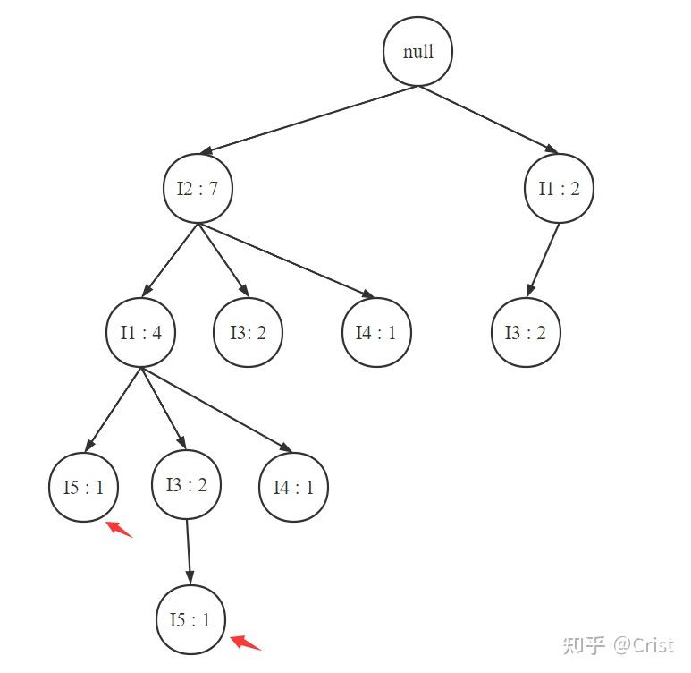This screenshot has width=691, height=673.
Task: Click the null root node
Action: (417, 51)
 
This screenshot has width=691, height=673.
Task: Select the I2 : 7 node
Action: (198, 189)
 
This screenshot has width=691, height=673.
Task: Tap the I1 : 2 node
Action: (560, 189)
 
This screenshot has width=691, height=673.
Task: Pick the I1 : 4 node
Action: (140, 332)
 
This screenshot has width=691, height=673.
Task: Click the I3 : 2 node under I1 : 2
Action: (526, 332)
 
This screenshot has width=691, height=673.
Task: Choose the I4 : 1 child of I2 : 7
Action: (377, 332)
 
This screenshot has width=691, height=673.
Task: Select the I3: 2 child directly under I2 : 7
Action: (249, 332)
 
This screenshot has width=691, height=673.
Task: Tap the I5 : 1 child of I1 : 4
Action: (83, 487)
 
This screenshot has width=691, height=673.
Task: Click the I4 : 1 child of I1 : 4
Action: (293, 487)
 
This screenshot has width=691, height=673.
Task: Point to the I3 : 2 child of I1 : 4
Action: (187, 484)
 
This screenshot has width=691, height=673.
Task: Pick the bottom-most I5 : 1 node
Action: (190, 619)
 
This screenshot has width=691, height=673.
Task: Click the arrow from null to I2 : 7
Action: (309, 120)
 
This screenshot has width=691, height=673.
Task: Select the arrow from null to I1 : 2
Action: (488, 120)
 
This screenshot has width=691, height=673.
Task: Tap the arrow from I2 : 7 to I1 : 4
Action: (170, 260)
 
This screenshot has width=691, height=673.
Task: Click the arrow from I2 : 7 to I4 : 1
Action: (286, 260)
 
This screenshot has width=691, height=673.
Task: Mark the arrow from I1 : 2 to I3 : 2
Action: (544, 260)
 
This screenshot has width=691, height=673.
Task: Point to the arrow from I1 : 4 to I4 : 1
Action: (217, 410)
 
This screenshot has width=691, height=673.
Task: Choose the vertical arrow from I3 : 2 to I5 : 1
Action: (189, 552)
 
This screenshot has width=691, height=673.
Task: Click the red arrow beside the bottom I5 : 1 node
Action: (245, 642)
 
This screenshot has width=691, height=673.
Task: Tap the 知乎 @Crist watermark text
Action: (619, 645)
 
